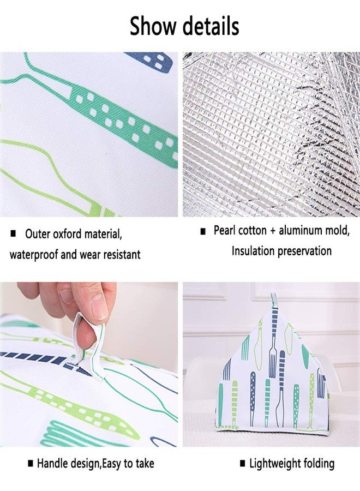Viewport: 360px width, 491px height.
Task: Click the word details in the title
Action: [x=211, y=26]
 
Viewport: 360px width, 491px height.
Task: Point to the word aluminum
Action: [x=300, y=231]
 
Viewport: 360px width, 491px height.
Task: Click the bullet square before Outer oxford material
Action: [x=13, y=233]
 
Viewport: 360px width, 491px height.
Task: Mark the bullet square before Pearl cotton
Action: [x=203, y=232]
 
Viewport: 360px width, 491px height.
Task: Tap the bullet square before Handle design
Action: [x=31, y=463]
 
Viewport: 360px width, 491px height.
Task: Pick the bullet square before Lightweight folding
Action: [x=243, y=464]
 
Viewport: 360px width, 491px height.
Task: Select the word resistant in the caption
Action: [x=122, y=255]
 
